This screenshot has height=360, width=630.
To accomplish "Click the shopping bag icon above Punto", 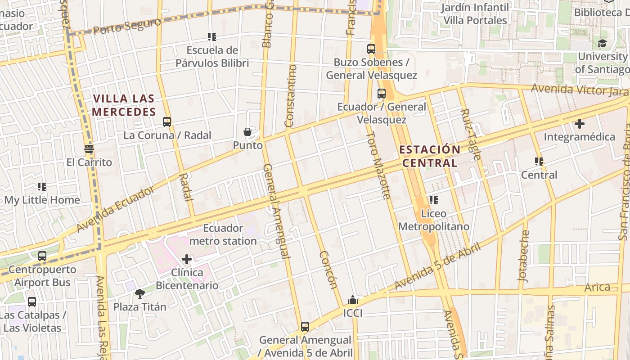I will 247,131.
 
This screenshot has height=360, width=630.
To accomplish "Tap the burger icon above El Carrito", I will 89,149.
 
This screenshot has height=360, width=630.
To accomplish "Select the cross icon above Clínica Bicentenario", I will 187,259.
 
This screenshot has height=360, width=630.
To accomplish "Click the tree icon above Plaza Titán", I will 140,294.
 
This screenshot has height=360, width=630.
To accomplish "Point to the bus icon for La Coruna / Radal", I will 167,121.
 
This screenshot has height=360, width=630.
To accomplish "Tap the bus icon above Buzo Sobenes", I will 371,49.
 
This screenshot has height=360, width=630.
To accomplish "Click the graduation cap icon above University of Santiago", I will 602,43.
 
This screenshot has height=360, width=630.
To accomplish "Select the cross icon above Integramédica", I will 580,123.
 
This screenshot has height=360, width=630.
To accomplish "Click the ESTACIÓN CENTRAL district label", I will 430,156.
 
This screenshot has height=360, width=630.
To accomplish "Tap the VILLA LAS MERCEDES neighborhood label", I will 124,105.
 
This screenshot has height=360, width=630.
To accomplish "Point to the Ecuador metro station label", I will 223,234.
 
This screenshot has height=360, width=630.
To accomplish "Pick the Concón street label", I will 328,270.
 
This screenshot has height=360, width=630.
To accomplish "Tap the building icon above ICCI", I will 353,300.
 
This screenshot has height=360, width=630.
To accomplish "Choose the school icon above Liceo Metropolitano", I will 433,200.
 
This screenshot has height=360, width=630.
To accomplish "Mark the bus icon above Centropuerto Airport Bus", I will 42,256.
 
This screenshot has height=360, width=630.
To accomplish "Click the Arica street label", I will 597,287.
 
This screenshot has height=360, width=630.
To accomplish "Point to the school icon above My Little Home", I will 42,187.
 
